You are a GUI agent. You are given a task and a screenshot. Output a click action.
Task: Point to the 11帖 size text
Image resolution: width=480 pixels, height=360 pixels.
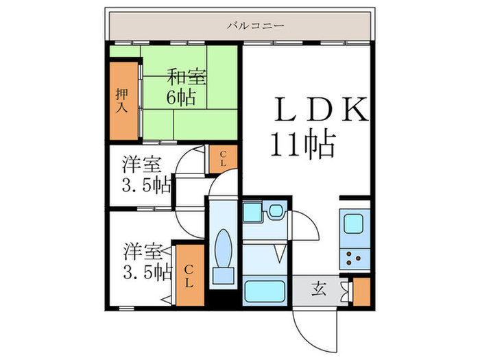301,144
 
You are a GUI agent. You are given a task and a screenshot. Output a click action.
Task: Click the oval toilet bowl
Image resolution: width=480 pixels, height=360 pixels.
223,248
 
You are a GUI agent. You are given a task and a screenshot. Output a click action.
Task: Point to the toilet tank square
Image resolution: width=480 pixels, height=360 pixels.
223,276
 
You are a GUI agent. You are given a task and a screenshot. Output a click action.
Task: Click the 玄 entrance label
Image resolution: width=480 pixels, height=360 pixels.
320,289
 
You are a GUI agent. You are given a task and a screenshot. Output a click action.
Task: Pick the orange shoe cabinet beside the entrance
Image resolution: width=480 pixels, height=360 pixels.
361,292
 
